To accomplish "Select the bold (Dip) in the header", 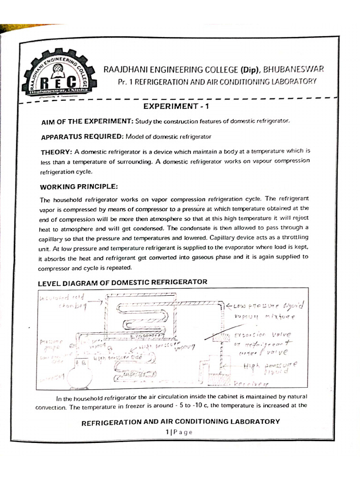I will click(251, 70).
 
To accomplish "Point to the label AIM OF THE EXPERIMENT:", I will click(87, 122).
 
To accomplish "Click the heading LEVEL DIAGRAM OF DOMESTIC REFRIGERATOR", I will click(121, 282).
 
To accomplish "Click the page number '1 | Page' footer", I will click(179, 432).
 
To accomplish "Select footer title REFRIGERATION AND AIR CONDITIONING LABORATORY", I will click(180, 421).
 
